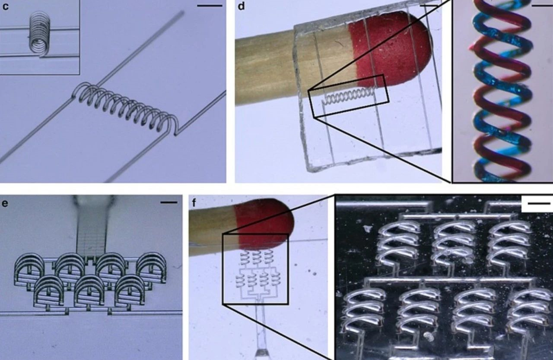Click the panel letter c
point(5,6)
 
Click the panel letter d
point(241,6)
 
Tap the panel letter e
point(5,203)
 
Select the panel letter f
point(194,203)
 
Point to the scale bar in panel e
point(169,202)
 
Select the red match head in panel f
point(264,222)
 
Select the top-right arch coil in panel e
point(151,269)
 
